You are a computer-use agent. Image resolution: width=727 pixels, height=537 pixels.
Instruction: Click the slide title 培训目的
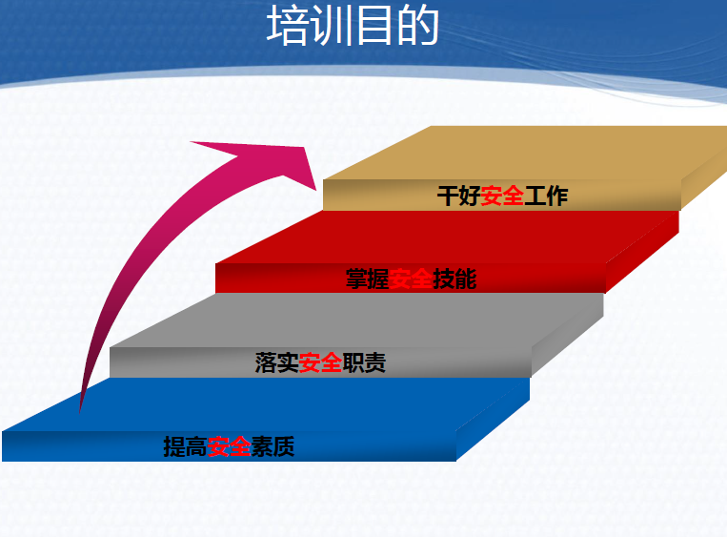click(353, 25)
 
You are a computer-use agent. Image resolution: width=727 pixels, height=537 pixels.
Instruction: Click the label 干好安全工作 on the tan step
click(502, 196)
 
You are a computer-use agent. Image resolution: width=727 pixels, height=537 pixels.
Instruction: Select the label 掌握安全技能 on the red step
click(412, 279)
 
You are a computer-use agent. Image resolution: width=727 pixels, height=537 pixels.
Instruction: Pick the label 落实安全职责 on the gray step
click(320, 362)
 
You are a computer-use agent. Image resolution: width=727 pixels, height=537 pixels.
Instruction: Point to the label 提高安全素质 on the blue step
click(229, 446)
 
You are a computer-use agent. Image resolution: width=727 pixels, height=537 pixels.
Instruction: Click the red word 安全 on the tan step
click(502, 196)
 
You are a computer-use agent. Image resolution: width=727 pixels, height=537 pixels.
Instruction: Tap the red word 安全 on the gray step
click(320, 362)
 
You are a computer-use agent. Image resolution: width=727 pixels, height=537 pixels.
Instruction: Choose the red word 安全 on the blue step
click(229, 446)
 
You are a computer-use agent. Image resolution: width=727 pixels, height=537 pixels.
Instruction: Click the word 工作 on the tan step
click(546, 196)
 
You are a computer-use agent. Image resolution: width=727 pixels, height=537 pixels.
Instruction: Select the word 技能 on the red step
click(454, 279)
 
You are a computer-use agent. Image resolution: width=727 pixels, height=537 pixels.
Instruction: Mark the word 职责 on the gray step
click(364, 362)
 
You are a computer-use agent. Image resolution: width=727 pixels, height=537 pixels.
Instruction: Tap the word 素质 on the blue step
click(273, 446)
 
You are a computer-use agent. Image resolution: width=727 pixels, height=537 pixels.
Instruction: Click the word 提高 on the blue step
click(186, 446)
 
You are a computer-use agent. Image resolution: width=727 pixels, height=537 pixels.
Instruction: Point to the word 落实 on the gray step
click(277, 362)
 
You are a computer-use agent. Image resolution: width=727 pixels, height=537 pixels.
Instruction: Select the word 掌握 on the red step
click(368, 279)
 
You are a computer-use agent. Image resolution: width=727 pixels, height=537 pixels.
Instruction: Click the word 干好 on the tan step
click(459, 196)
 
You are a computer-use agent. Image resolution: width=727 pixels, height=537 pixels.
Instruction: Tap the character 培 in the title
click(288, 25)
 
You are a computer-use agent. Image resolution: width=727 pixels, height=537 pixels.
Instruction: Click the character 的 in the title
click(418, 25)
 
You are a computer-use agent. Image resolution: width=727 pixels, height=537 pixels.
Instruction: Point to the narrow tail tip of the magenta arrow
click(80, 412)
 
